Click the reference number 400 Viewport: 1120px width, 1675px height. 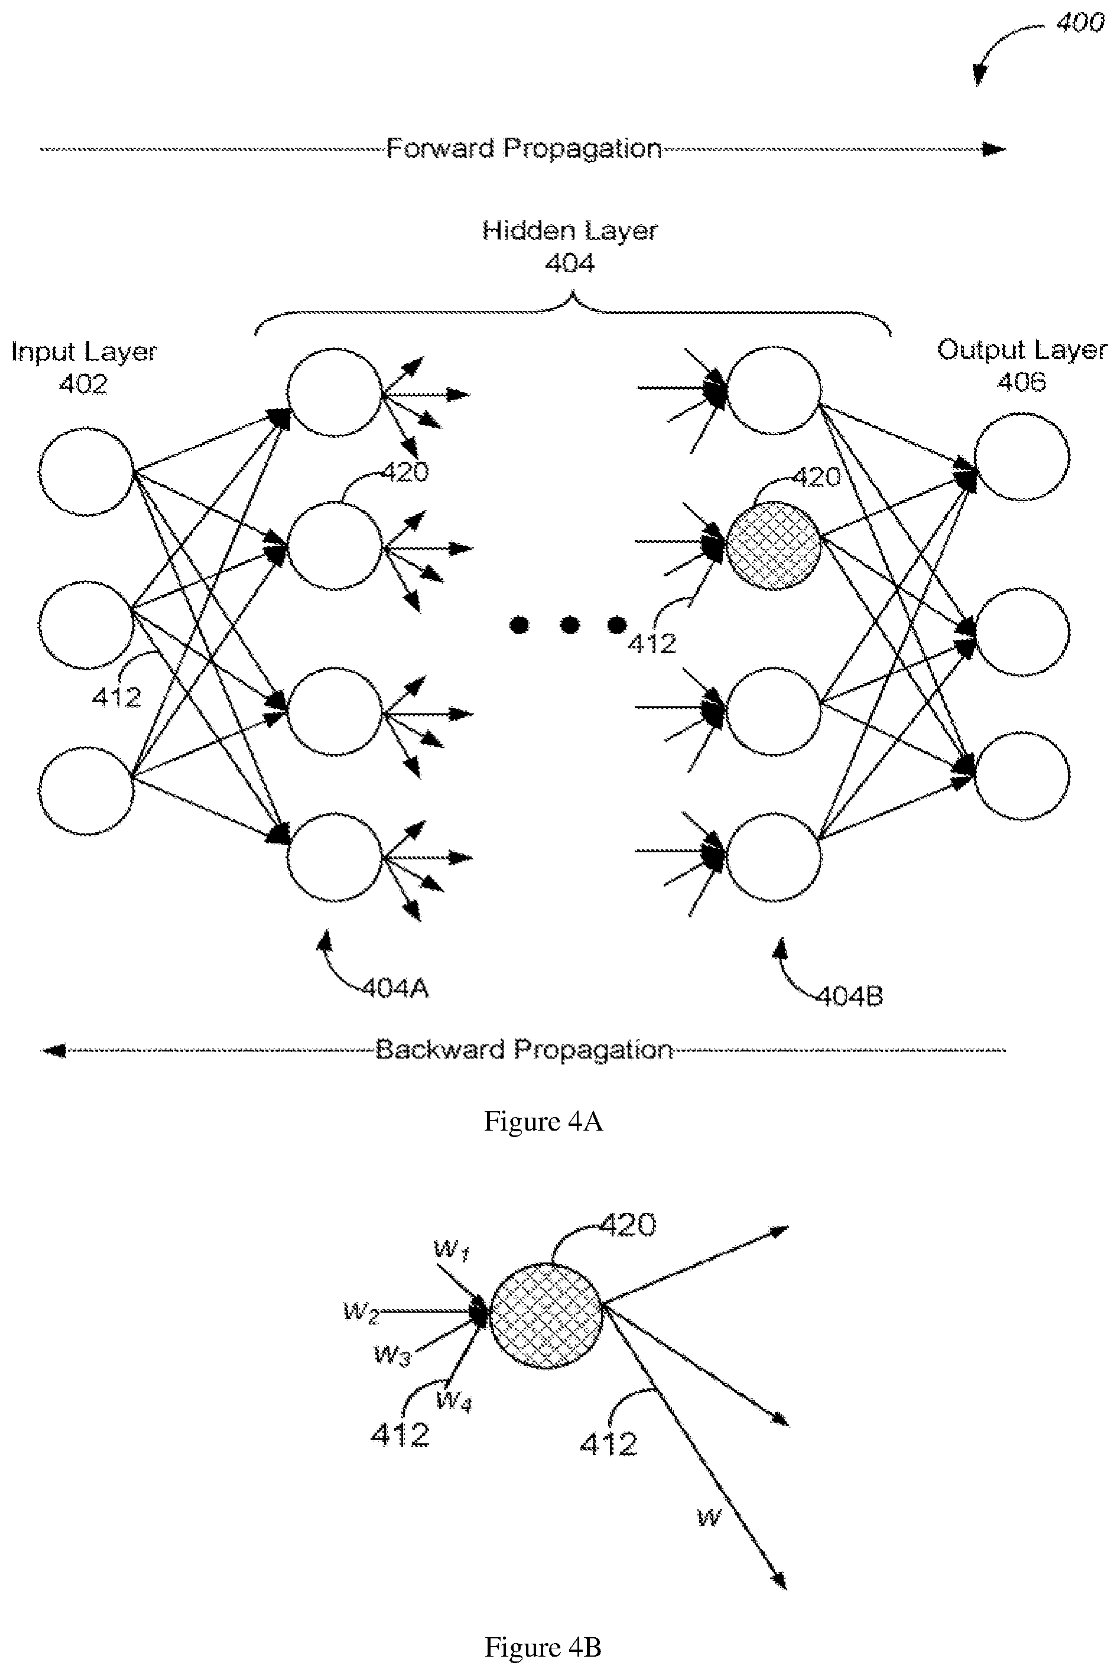1080,23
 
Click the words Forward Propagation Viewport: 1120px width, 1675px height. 524,148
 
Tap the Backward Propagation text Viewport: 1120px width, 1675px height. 524,1049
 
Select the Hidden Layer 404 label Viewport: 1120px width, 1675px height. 569,246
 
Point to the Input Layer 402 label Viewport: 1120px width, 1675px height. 83,367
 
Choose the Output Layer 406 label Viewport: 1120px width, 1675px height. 1022,365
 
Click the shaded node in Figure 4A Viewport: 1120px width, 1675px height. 774,546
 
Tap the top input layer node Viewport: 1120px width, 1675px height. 86,472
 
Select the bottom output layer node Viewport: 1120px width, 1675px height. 1022,775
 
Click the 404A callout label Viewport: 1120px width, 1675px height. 395,989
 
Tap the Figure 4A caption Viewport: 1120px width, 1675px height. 544,1121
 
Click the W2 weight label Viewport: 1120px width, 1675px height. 362,1312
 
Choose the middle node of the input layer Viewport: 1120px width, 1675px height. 86,625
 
